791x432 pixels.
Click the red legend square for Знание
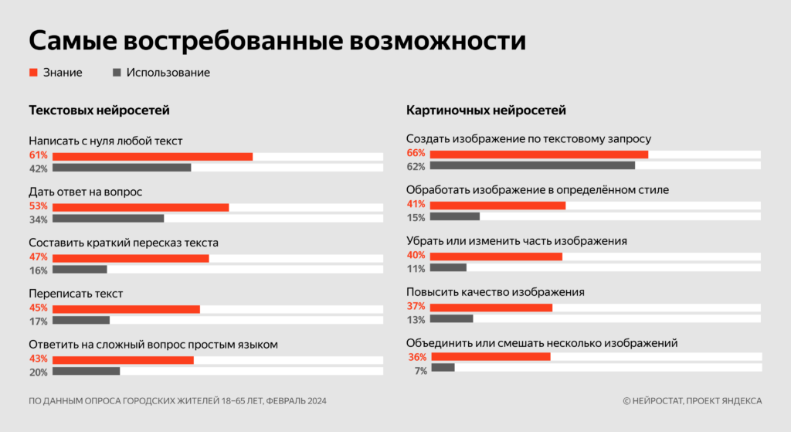coord(33,73)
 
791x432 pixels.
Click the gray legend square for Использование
coord(117,73)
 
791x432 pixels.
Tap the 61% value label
coord(39,156)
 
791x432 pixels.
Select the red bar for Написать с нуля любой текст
coord(152,157)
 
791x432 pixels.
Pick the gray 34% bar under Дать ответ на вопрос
coord(108,219)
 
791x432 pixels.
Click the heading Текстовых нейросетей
coord(99,111)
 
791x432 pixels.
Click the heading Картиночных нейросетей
coord(486,111)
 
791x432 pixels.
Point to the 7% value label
coord(420,371)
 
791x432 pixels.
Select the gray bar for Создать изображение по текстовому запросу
coord(532,165)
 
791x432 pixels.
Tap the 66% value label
coord(416,153)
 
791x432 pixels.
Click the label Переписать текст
coord(76,294)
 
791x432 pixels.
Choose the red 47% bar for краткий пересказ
coord(131,258)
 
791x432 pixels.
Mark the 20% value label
coord(39,372)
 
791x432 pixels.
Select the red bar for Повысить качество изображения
coord(491,308)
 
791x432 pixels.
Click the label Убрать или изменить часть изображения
coord(516,241)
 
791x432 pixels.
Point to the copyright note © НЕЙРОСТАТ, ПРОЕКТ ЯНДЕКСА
coord(692,400)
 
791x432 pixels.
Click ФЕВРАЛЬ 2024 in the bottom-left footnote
coord(302,400)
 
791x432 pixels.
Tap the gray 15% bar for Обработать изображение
coord(455,216)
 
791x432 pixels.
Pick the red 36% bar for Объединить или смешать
coord(490,357)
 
